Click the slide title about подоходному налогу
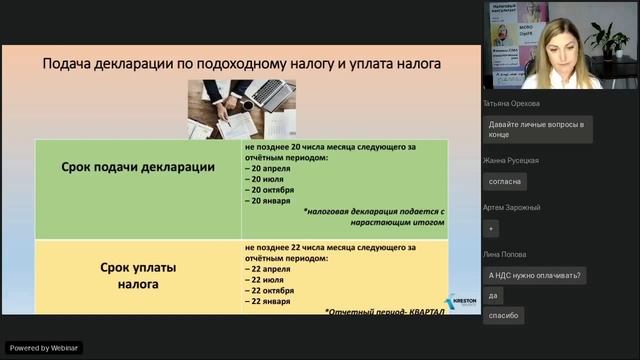coord(241,64)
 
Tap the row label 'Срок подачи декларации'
coord(138,167)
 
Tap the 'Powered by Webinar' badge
coord(44,348)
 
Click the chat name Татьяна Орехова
coord(511,103)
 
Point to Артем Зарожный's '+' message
coord(491,228)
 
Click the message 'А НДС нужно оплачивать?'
coord(536,276)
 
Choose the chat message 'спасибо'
coord(503,315)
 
